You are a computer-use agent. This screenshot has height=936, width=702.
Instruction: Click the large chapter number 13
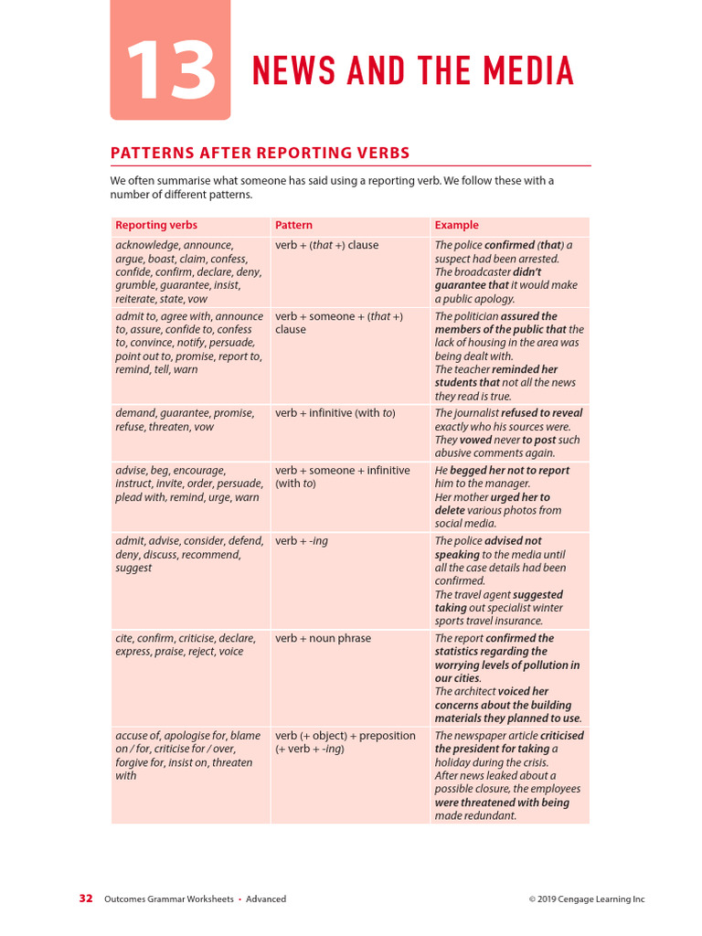click(171, 71)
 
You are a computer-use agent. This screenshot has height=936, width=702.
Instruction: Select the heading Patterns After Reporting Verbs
click(260, 153)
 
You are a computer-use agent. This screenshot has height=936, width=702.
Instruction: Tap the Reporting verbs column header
click(156, 225)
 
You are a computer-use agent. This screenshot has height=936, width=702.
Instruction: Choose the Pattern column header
click(293, 225)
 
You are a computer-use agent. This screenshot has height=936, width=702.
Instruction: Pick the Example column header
click(456, 225)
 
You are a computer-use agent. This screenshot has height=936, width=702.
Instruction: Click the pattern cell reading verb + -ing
click(302, 541)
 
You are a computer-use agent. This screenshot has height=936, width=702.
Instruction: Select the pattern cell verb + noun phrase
click(323, 638)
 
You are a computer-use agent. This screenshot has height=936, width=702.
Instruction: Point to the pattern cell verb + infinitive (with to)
click(335, 413)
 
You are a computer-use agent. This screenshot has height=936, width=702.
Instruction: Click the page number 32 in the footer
click(86, 899)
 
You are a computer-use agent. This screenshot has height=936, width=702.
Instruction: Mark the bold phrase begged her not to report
click(509, 471)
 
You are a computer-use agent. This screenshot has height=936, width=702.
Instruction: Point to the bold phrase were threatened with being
click(502, 803)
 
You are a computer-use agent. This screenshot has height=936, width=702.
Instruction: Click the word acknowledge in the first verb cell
click(146, 245)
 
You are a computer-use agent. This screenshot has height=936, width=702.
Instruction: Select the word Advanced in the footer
click(266, 899)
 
